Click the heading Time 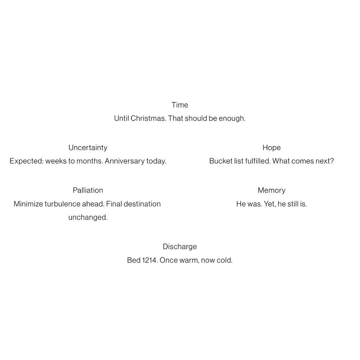(x=180, y=105)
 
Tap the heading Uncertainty (x=88, y=148)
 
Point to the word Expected (x=26, y=161)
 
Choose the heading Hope (x=271, y=148)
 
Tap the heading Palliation (x=88, y=190)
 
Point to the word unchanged (x=88, y=217)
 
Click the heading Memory (x=271, y=190)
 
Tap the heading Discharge (x=180, y=247)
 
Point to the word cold (x=224, y=260)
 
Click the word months (x=89, y=161)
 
